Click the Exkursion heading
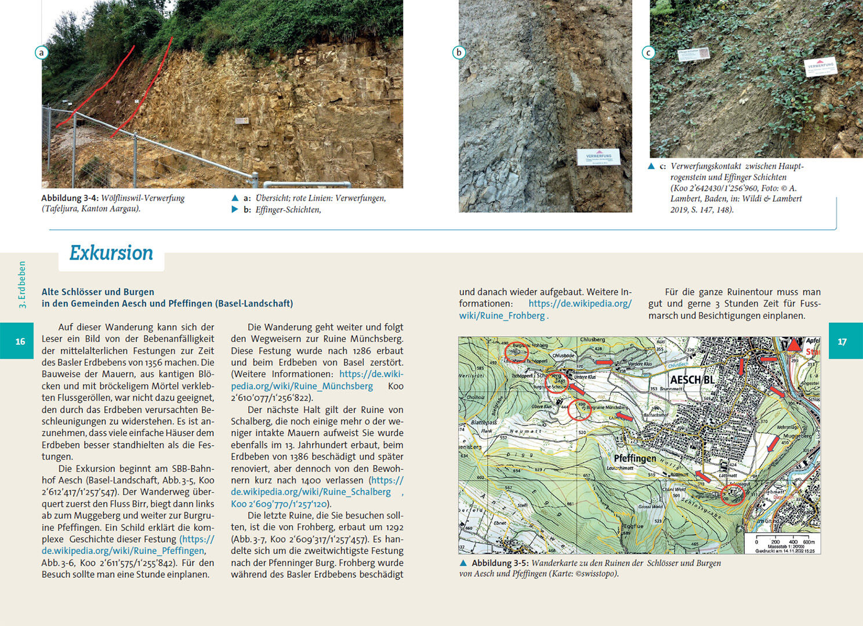[111, 253]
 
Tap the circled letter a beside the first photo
[41, 53]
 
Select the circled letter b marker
[459, 53]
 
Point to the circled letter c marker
[648, 53]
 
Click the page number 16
[20, 341]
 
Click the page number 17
[842, 341]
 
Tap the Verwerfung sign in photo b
[599, 157]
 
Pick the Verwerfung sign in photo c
[821, 66]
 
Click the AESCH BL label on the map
[692, 380]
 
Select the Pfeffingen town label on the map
[635, 458]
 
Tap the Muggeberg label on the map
[797, 436]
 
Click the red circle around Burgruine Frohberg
[516, 351]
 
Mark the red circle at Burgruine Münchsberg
[579, 409]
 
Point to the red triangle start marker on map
[793, 345]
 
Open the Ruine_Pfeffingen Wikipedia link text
[123, 551]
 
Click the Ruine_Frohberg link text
[502, 315]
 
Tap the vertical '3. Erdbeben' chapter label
[23, 284]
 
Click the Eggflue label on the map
[633, 526]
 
